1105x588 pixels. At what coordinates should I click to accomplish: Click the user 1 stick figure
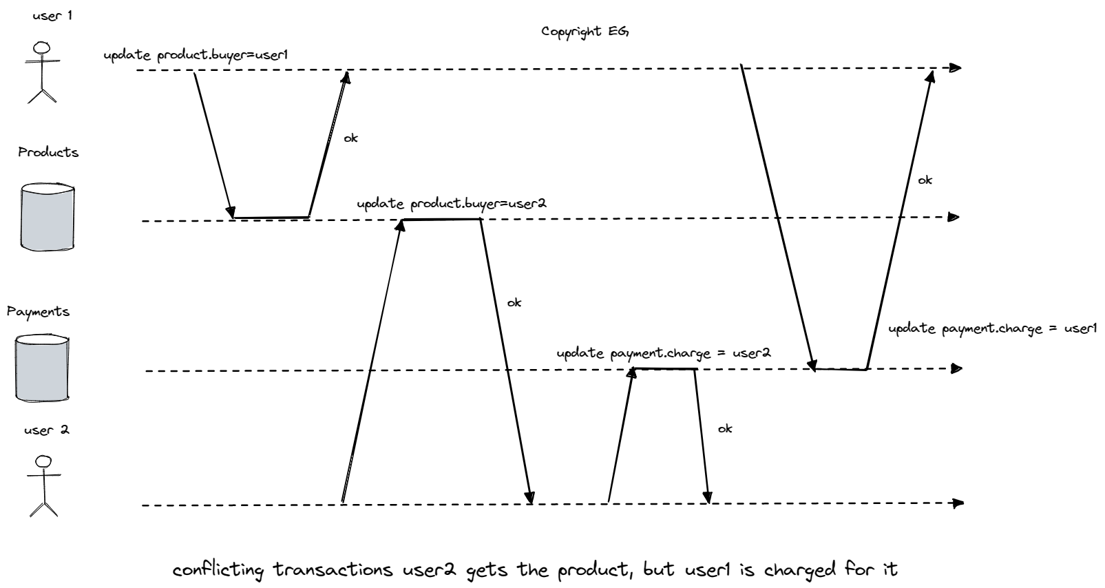click(43, 72)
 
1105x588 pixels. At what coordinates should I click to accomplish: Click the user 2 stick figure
click(44, 485)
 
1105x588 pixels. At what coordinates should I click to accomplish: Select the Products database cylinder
click(47, 217)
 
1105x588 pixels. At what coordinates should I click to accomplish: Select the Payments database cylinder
click(42, 368)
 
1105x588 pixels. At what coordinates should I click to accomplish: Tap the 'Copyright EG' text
click(585, 32)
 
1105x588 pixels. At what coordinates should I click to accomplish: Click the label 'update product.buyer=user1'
click(195, 56)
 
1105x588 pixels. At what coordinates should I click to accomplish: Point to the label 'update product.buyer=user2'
click(451, 204)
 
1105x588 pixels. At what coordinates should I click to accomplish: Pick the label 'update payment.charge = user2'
click(663, 354)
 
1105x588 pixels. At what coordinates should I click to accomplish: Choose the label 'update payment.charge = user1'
click(991, 329)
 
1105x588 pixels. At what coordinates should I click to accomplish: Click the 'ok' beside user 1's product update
click(350, 138)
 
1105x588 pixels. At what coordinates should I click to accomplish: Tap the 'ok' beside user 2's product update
click(514, 303)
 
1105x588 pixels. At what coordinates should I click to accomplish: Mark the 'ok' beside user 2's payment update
click(724, 429)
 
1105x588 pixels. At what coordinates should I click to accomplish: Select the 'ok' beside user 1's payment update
click(925, 180)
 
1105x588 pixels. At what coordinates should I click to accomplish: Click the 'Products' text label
click(48, 153)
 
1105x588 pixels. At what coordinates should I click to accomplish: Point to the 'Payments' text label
click(39, 312)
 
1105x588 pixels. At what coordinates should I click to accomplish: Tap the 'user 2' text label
click(46, 430)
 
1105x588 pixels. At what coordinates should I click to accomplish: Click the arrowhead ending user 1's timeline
click(954, 67)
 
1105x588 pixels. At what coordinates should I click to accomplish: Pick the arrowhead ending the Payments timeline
click(956, 369)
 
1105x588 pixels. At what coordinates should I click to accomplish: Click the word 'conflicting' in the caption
click(218, 571)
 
